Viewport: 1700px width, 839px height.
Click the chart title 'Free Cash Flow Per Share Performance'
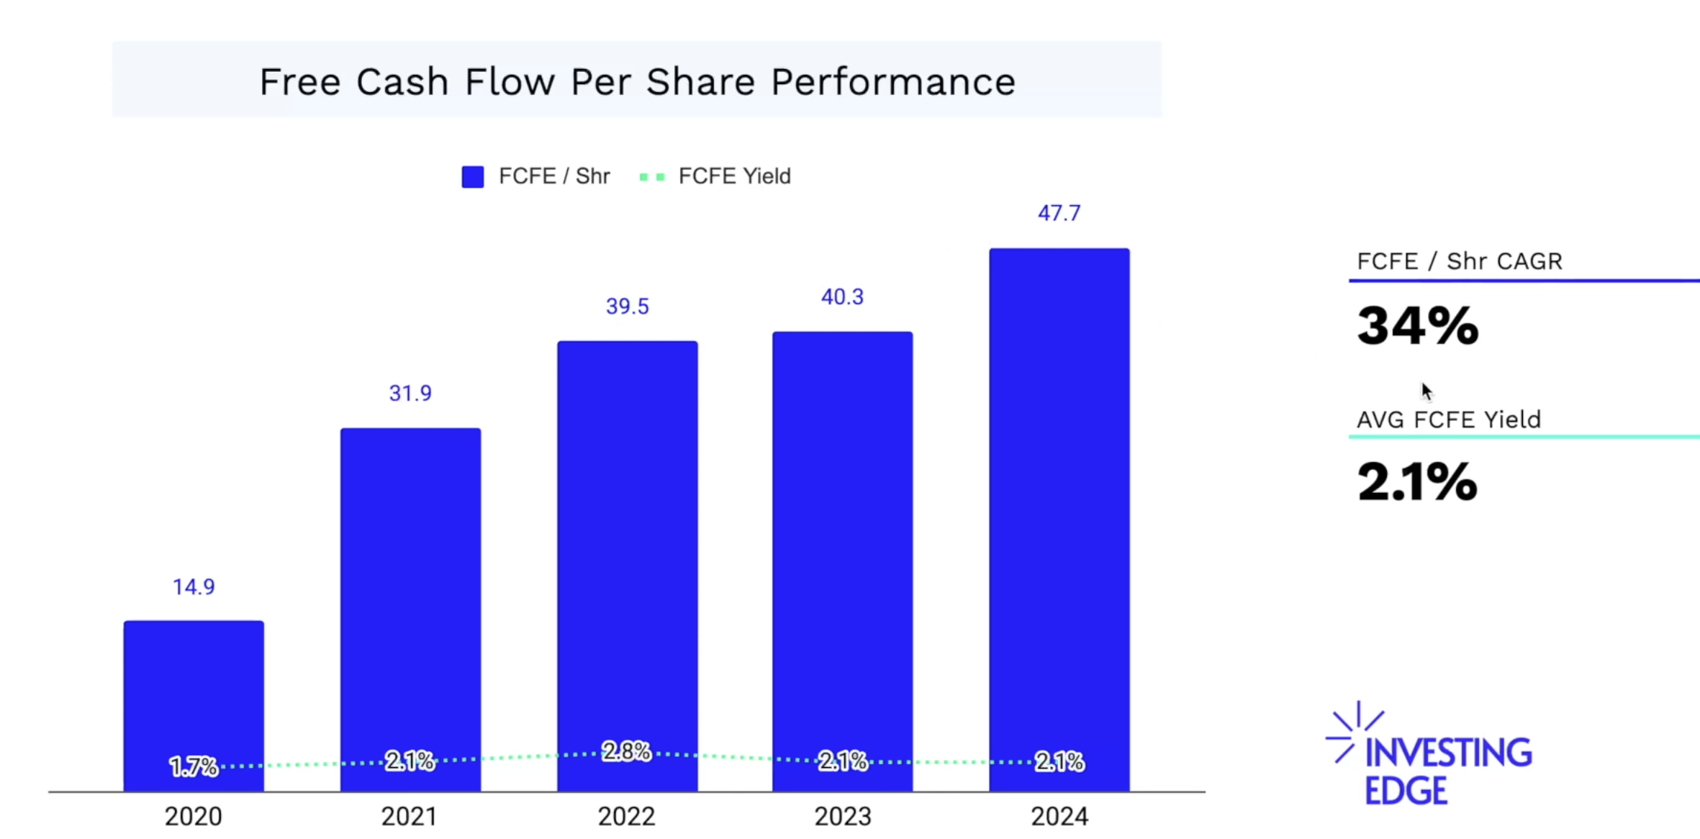637,81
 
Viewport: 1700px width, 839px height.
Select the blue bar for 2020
194,684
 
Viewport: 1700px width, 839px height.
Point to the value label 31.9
410,393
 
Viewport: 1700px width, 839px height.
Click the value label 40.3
842,296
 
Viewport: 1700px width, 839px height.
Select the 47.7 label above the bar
1059,213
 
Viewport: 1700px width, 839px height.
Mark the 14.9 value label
194,586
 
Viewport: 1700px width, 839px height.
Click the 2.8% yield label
626,751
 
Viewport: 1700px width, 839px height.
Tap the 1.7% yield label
194,766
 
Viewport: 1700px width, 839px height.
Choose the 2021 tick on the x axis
410,817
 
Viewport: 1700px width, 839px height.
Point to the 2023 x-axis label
843,817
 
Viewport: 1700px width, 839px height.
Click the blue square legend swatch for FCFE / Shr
473,176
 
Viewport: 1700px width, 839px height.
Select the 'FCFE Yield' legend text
734,176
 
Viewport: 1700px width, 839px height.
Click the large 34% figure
1417,326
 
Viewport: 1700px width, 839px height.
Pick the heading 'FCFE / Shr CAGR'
1460,260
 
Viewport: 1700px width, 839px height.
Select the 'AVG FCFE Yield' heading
1449,419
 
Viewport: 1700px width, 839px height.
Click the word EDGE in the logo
1406,792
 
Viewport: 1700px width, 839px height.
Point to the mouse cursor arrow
1427,391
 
